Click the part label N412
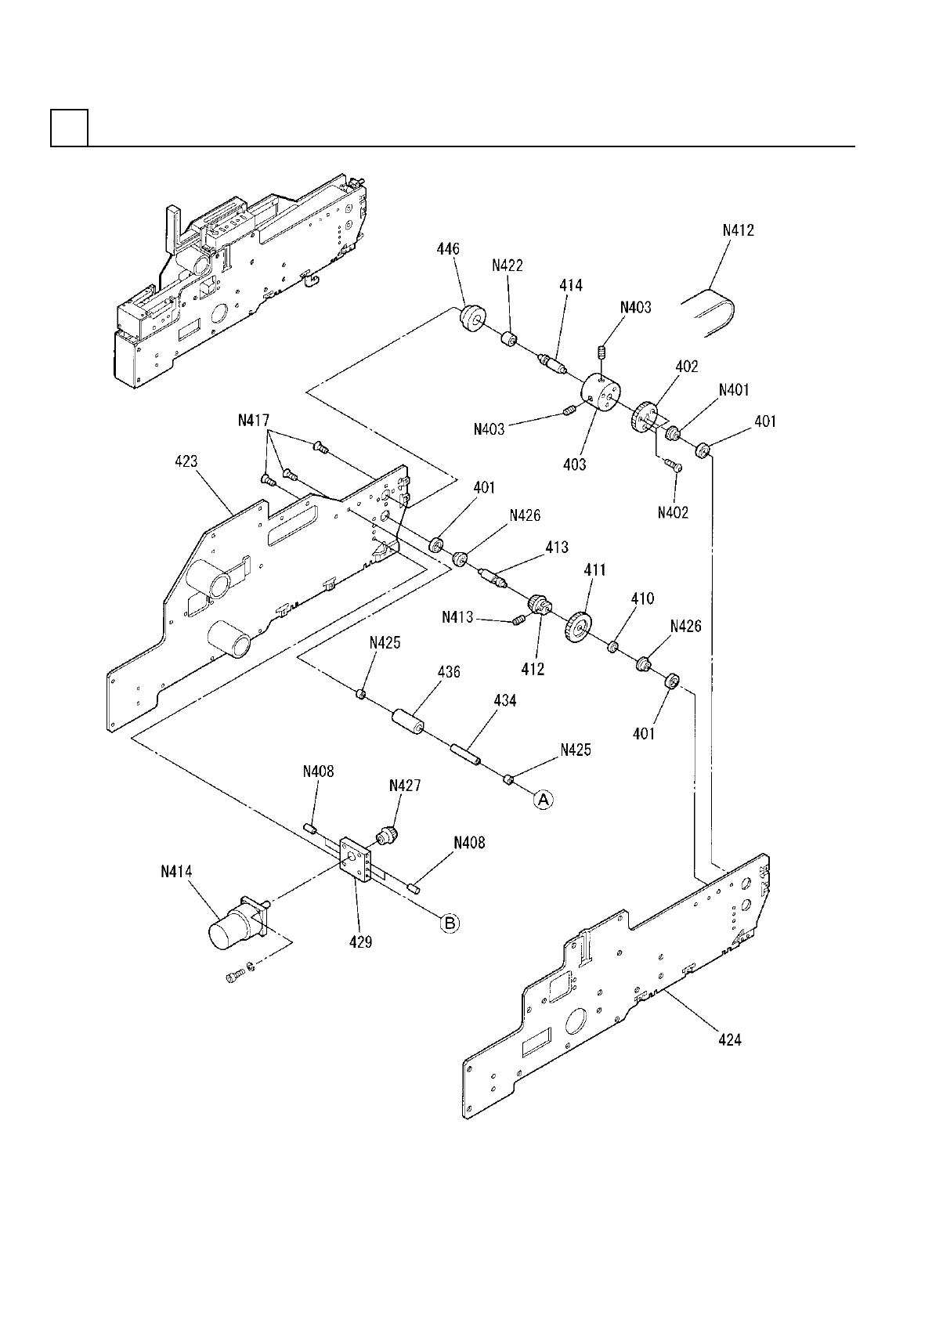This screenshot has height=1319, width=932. [x=738, y=231]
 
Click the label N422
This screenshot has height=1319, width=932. [x=508, y=266]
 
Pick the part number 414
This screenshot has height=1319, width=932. [x=571, y=286]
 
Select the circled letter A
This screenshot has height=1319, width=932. [x=544, y=799]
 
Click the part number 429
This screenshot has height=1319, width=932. [x=361, y=942]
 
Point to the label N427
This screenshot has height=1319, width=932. [x=405, y=786]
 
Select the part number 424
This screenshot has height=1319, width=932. [x=730, y=1040]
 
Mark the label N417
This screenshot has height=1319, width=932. [x=254, y=421]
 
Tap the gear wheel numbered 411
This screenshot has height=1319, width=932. [x=578, y=627]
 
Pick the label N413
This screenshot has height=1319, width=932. [x=458, y=617]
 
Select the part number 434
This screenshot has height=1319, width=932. [x=505, y=701]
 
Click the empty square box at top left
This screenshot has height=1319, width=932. [x=69, y=128]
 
